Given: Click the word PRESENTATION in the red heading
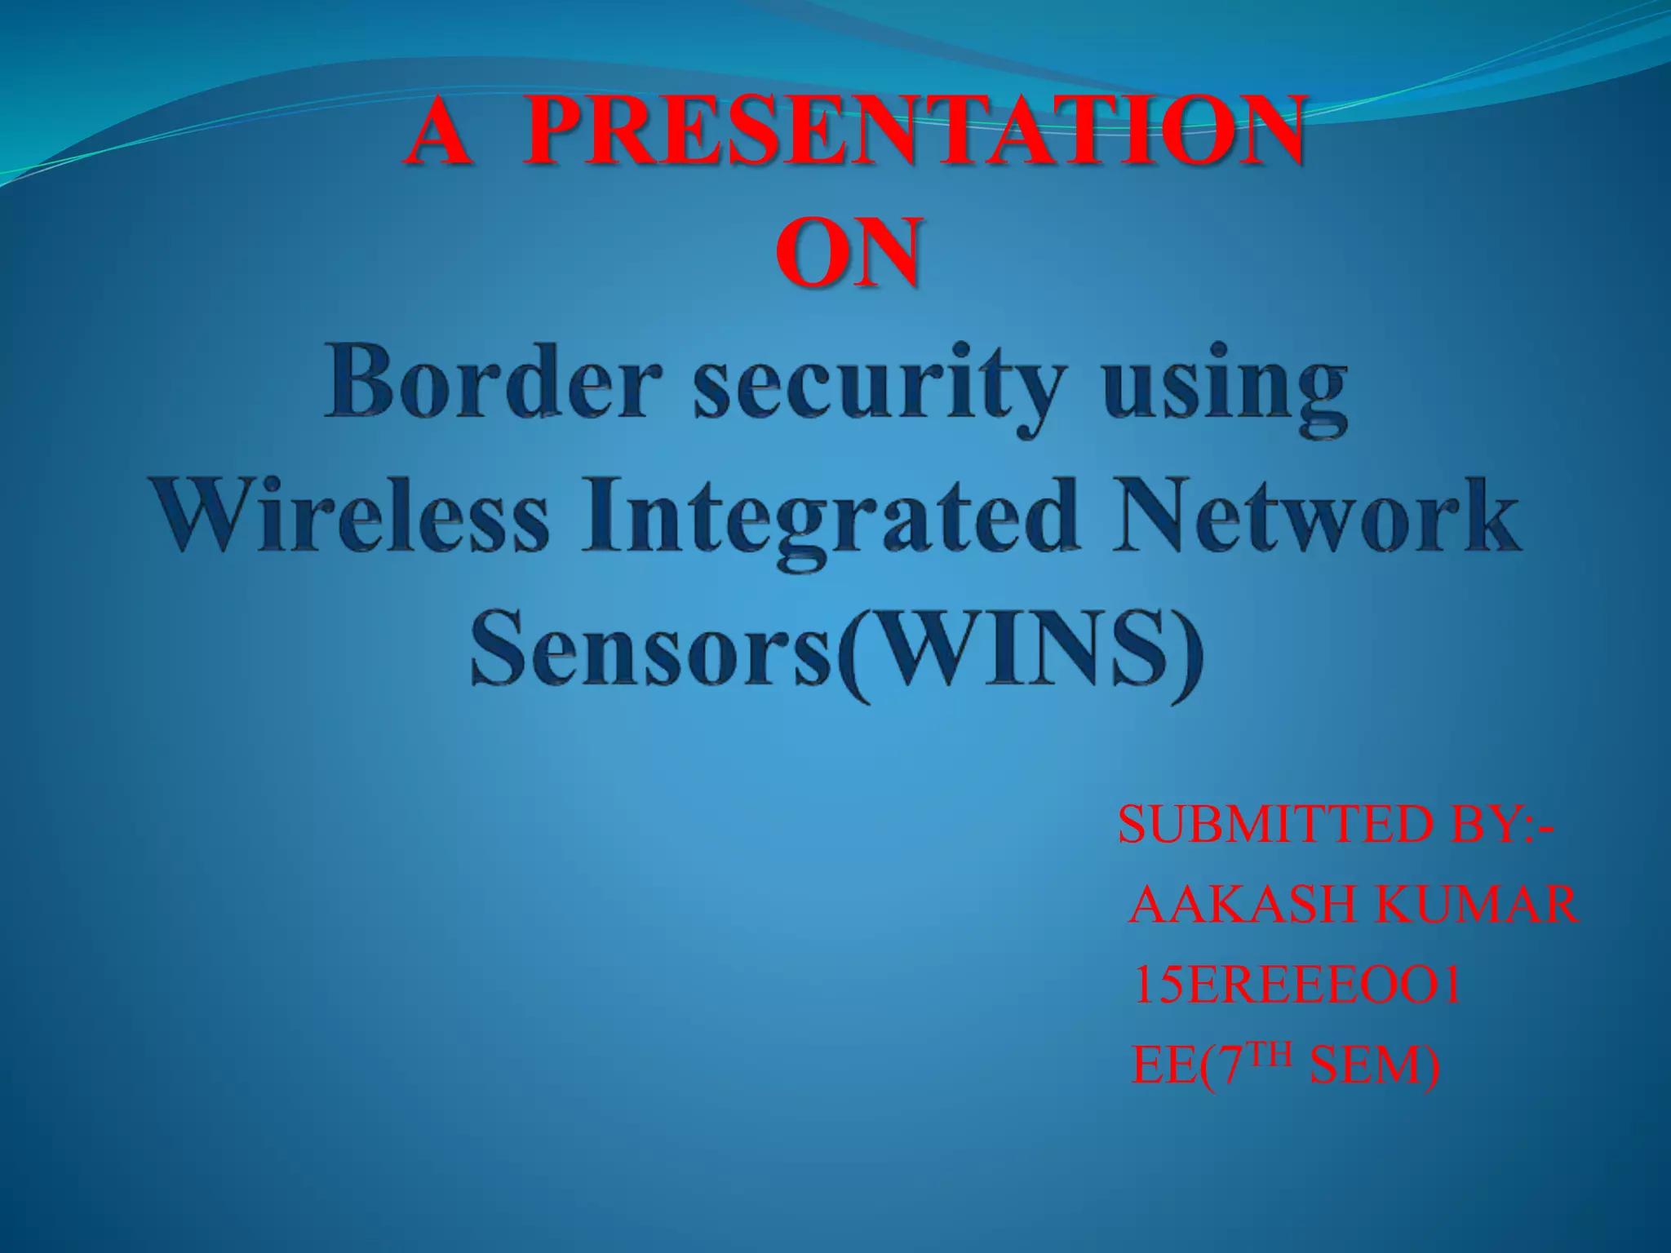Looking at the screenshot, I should tap(912, 131).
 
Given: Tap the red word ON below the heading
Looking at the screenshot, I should tap(849, 253).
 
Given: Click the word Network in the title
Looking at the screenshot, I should tap(1319, 516).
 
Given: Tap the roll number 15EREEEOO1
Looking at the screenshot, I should tap(1297, 985).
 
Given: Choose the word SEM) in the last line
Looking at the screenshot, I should tap(1376, 1066).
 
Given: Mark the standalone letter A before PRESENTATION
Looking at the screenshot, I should tap(441, 131).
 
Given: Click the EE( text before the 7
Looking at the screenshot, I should tap(1175, 1066).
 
